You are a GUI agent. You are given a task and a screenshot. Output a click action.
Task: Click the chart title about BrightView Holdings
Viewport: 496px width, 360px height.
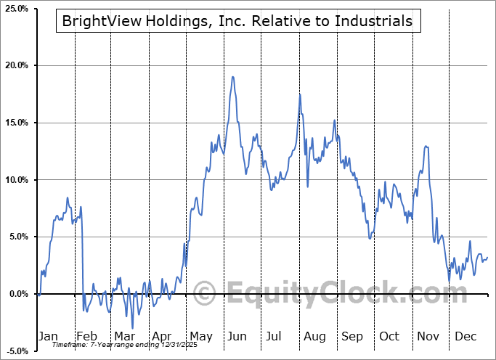pyautogui.click(x=237, y=22)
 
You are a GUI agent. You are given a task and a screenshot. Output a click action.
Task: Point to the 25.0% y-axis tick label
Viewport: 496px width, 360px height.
pyautogui.click(x=16, y=9)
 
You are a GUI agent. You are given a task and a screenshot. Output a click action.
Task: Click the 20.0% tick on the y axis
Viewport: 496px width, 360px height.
pyautogui.click(x=16, y=66)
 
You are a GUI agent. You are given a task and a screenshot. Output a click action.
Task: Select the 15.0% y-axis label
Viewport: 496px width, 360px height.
pyautogui.click(x=16, y=123)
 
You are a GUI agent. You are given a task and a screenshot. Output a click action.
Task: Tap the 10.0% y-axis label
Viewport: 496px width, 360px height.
pyautogui.click(x=16, y=180)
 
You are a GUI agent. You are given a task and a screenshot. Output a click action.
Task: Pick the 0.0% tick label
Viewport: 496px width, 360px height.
pyautogui.click(x=18, y=294)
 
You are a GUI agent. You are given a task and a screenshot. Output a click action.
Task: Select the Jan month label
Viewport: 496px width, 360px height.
pyautogui.click(x=47, y=336)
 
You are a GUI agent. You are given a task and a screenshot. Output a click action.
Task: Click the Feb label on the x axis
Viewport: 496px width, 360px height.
pyautogui.click(x=86, y=336)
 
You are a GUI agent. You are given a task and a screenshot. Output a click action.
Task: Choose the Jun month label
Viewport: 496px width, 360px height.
pyautogui.click(x=236, y=336)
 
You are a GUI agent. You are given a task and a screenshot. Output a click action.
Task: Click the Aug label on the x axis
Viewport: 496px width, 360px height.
pyautogui.click(x=314, y=336)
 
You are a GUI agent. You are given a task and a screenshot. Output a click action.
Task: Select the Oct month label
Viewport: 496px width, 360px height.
pyautogui.click(x=389, y=336)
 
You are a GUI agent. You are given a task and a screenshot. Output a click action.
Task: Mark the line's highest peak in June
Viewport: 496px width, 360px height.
pyautogui.click(x=232, y=76)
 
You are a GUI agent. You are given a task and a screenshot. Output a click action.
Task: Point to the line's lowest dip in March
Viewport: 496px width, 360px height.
pyautogui.click(x=132, y=328)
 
